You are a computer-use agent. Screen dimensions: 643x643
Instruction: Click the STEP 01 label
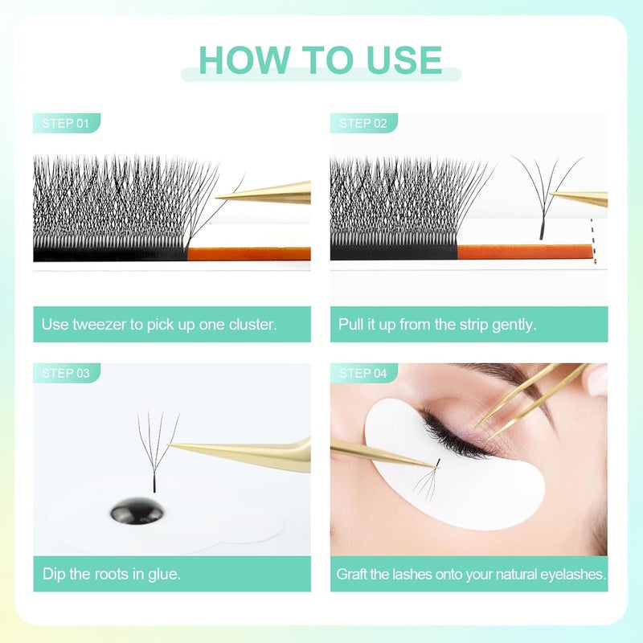[x=66, y=123]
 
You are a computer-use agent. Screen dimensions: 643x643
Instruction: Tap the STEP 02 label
[x=363, y=123]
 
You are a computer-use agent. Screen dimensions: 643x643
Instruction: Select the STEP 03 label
[x=66, y=373]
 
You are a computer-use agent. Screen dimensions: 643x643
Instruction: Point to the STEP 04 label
[x=363, y=373]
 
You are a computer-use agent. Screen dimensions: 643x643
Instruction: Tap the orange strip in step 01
[x=249, y=253]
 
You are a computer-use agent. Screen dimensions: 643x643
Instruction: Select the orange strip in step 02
[x=522, y=252]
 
